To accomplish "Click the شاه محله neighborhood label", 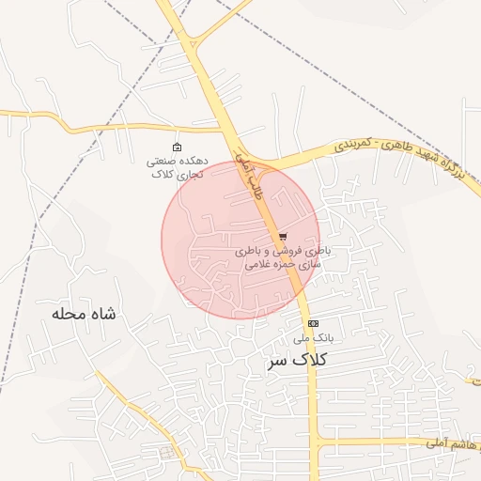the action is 85,314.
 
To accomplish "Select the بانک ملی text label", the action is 313,337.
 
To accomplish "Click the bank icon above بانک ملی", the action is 313,323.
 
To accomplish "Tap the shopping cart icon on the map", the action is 283,237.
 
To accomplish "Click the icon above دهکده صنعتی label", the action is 177,147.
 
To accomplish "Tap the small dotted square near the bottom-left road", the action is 167,453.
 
